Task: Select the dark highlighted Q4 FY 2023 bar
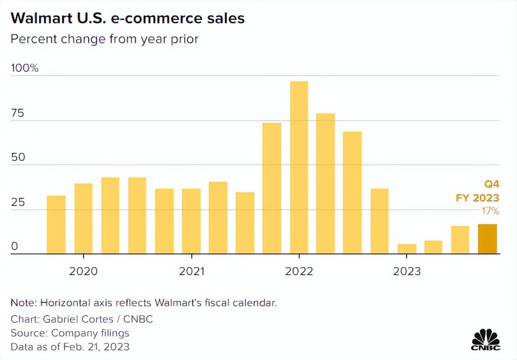[487, 239]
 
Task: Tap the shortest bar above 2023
[407, 249]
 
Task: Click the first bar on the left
[56, 225]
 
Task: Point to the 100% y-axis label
[25, 68]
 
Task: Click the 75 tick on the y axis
[18, 113]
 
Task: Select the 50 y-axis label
[18, 157]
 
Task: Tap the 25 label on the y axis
[18, 202]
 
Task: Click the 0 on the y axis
[14, 247]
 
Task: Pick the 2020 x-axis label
[84, 271]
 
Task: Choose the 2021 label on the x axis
[191, 271]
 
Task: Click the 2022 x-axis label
[299, 271]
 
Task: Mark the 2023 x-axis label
[407, 271]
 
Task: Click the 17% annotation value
[490, 211]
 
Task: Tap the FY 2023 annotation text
[477, 198]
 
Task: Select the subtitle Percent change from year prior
[104, 39]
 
